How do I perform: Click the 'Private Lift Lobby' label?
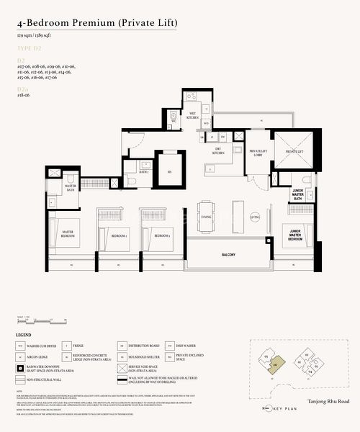(x=258, y=152)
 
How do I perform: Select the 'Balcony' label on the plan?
(x=232, y=253)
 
